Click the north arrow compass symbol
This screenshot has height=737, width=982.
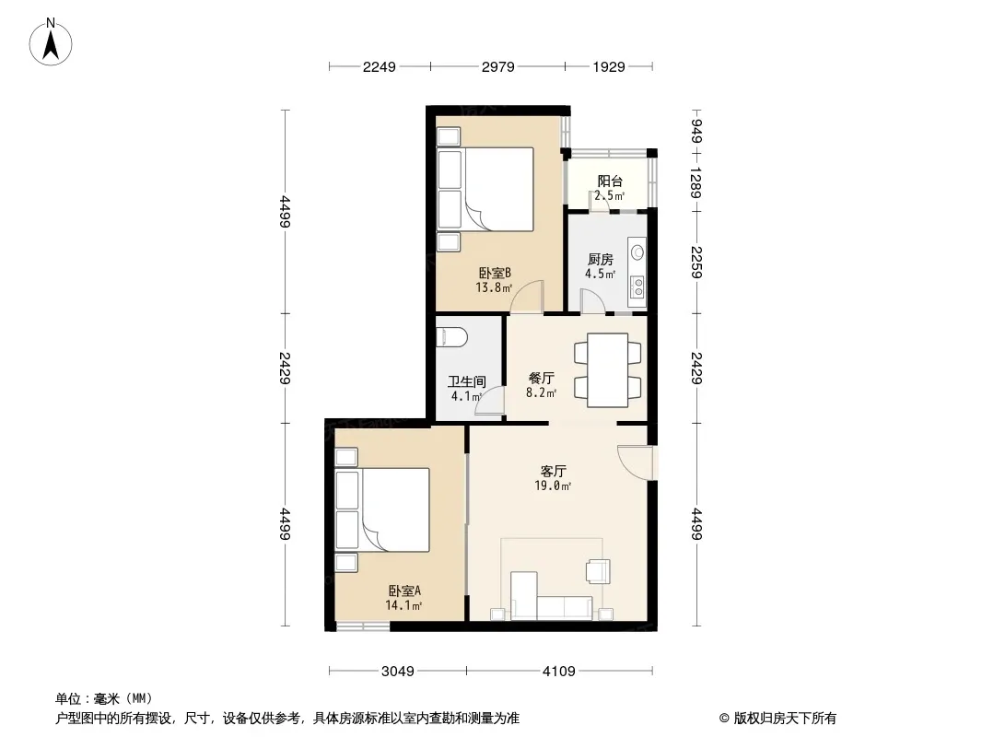click(51, 42)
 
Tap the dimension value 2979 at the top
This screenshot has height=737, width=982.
click(497, 66)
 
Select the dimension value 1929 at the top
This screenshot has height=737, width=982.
click(609, 66)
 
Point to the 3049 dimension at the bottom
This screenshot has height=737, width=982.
click(398, 672)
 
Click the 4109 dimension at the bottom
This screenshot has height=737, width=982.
click(558, 672)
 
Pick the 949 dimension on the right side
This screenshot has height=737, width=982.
click(696, 131)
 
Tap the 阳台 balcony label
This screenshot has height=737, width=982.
click(610, 181)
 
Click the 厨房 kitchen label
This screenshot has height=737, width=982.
click(600, 259)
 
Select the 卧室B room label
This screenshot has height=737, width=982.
click(495, 273)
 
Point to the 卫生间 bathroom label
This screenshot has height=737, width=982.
click(467, 381)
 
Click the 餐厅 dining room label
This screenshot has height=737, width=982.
click(541, 379)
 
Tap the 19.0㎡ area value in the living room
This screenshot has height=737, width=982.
click(553, 485)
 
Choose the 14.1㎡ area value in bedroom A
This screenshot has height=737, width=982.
click(403, 605)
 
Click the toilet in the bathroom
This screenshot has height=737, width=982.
click(451, 337)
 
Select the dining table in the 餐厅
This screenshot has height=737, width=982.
click(607, 370)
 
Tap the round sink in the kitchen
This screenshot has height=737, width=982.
click(637, 252)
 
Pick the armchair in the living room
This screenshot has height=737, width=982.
click(598, 571)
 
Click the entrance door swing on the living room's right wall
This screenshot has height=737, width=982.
click(634, 462)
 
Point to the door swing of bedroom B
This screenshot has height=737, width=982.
click(527, 297)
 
